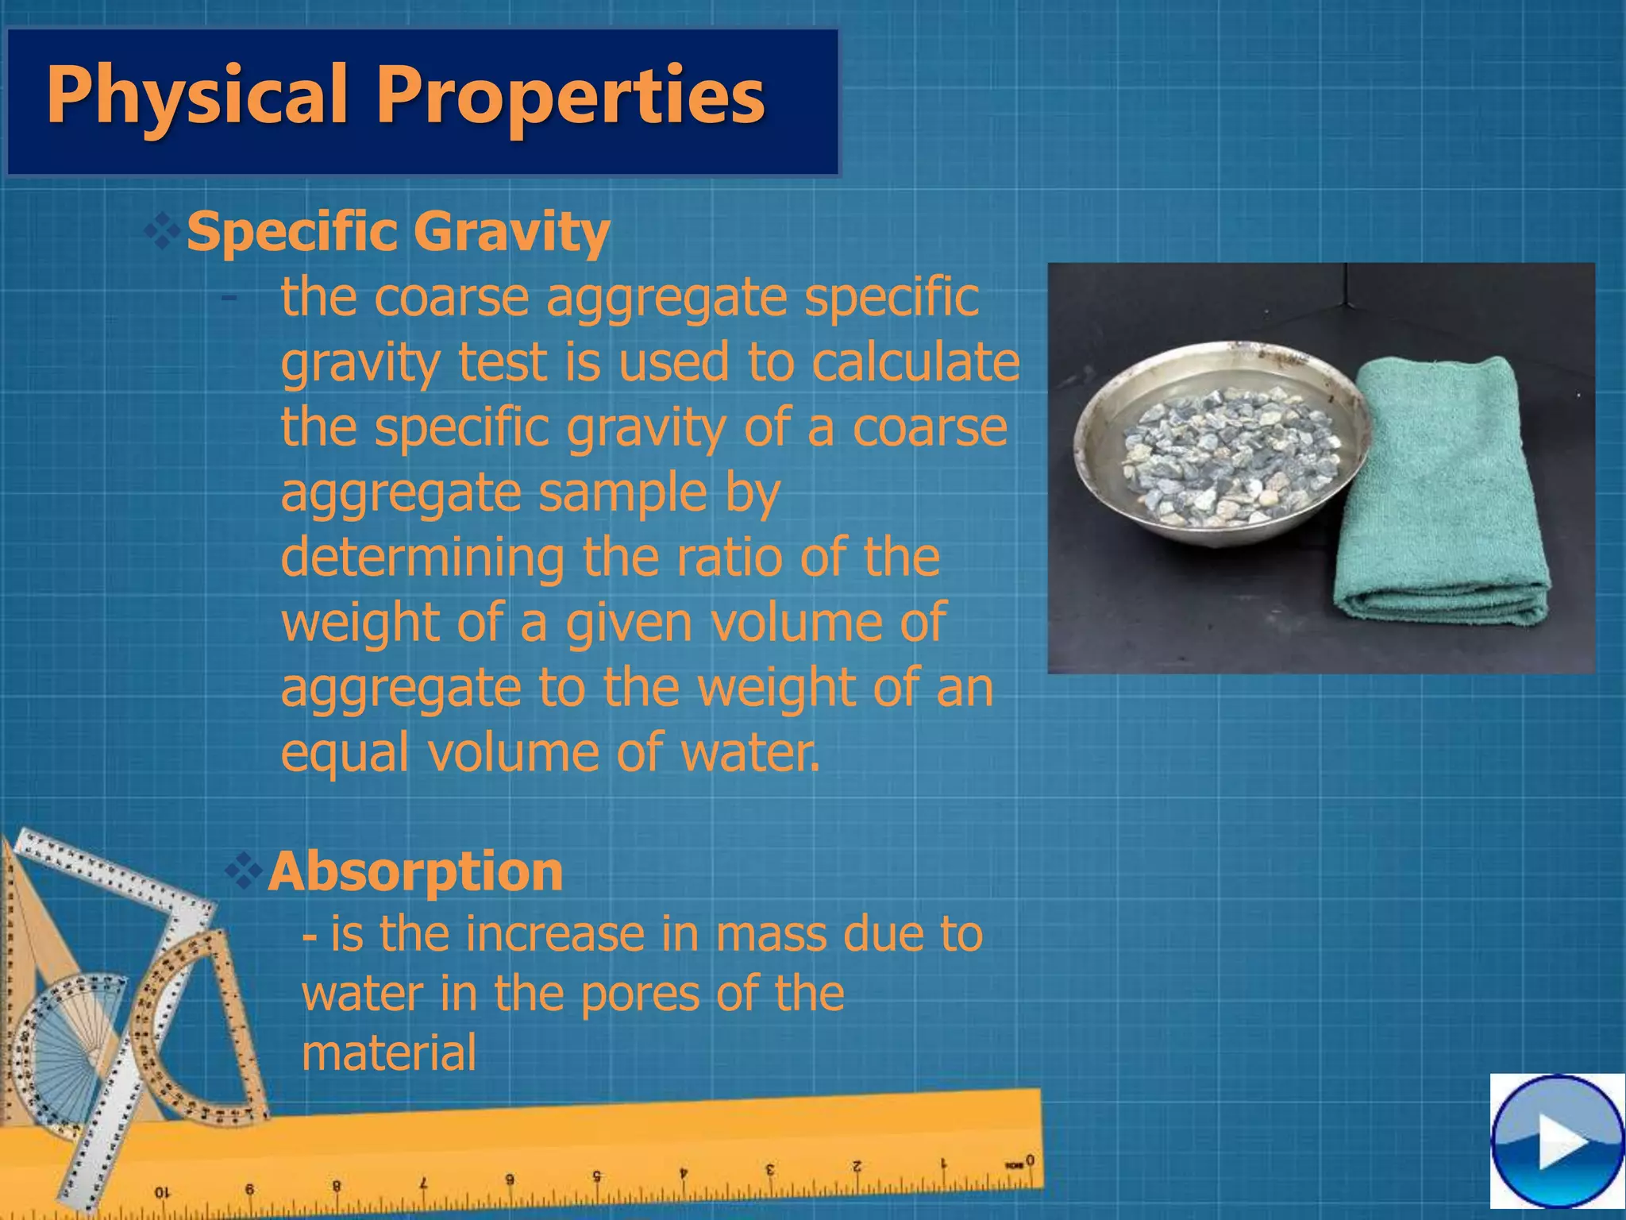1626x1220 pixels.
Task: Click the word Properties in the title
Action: click(569, 97)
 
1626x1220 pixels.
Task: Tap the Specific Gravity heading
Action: click(398, 232)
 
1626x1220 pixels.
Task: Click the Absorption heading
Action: click(415, 872)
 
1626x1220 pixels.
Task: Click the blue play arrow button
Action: click(1557, 1143)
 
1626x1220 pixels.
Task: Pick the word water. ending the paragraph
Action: click(750, 752)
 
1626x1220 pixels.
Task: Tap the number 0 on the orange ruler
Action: click(1030, 1160)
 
